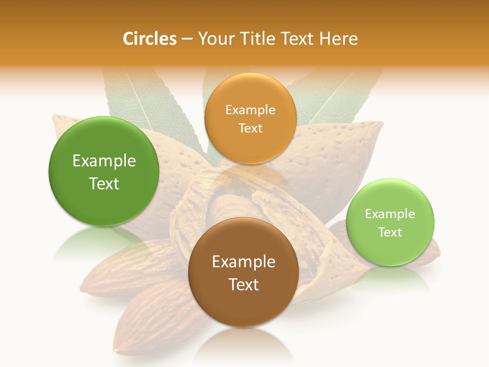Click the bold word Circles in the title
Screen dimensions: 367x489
(x=149, y=39)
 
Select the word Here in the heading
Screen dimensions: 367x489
(x=339, y=39)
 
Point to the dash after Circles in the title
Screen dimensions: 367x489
(x=187, y=39)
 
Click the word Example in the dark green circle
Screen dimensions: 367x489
(x=104, y=161)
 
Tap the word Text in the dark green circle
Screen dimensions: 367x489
(x=104, y=183)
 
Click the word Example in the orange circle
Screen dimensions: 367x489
(x=250, y=110)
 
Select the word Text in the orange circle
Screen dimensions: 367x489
(x=250, y=128)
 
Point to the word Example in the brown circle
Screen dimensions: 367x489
(x=243, y=262)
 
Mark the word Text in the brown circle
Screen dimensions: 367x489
(x=243, y=284)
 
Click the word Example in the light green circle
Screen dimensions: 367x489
(x=390, y=214)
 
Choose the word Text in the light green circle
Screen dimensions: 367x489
(x=390, y=232)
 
